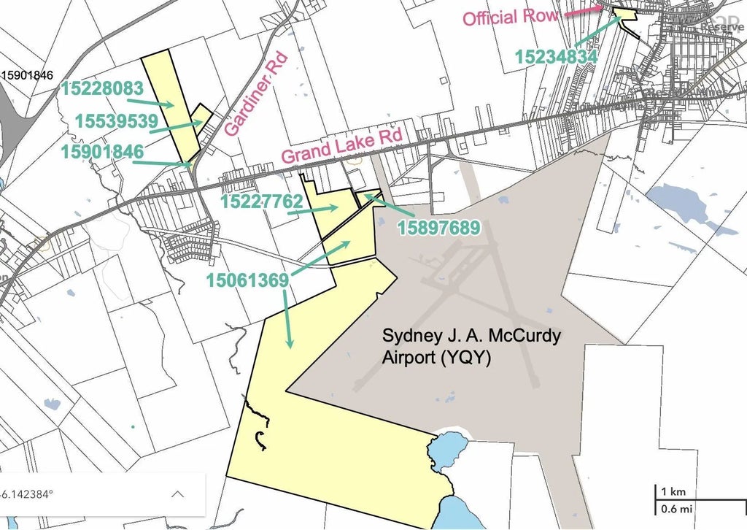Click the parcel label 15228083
102,88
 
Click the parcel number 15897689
438,228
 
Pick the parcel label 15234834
557,55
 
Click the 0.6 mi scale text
674,508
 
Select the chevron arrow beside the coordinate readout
177,493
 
